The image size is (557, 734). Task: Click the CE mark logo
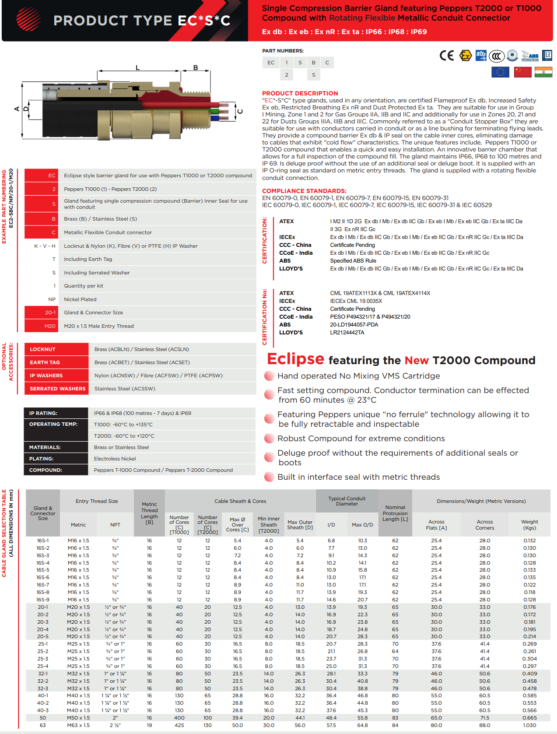click(447, 56)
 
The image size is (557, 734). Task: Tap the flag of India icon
click(543, 72)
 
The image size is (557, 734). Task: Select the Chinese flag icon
click(522, 72)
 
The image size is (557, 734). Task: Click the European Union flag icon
click(500, 72)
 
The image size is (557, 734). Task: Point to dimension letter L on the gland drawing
click(137, 67)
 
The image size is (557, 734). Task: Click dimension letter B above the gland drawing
click(196, 67)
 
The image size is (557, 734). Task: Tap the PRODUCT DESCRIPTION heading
click(300, 93)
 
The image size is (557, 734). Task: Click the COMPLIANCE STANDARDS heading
click(304, 191)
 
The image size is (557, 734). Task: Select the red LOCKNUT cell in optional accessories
click(56, 349)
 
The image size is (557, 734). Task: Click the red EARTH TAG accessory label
click(56, 362)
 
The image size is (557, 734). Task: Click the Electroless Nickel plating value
click(115, 459)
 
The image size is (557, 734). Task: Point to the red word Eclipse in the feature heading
click(295, 359)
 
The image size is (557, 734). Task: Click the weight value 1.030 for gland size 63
click(529, 725)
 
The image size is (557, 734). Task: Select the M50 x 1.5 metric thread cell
click(78, 718)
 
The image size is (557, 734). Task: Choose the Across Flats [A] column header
click(436, 525)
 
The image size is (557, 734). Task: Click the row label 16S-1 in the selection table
click(43, 541)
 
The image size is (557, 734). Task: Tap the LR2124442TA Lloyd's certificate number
click(347, 333)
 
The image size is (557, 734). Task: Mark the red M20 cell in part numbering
click(42, 326)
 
